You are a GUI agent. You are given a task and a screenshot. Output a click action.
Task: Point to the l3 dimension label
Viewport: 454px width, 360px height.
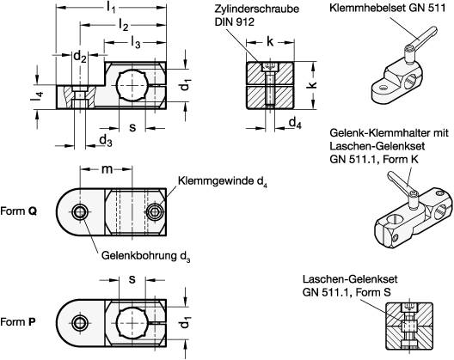click(x=132, y=42)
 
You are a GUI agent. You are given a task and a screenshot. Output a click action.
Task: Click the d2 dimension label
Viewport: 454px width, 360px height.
click(x=79, y=58)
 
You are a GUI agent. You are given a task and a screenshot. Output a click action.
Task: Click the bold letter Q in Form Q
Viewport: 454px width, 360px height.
click(x=33, y=211)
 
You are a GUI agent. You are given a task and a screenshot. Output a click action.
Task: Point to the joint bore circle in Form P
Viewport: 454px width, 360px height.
click(x=80, y=322)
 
